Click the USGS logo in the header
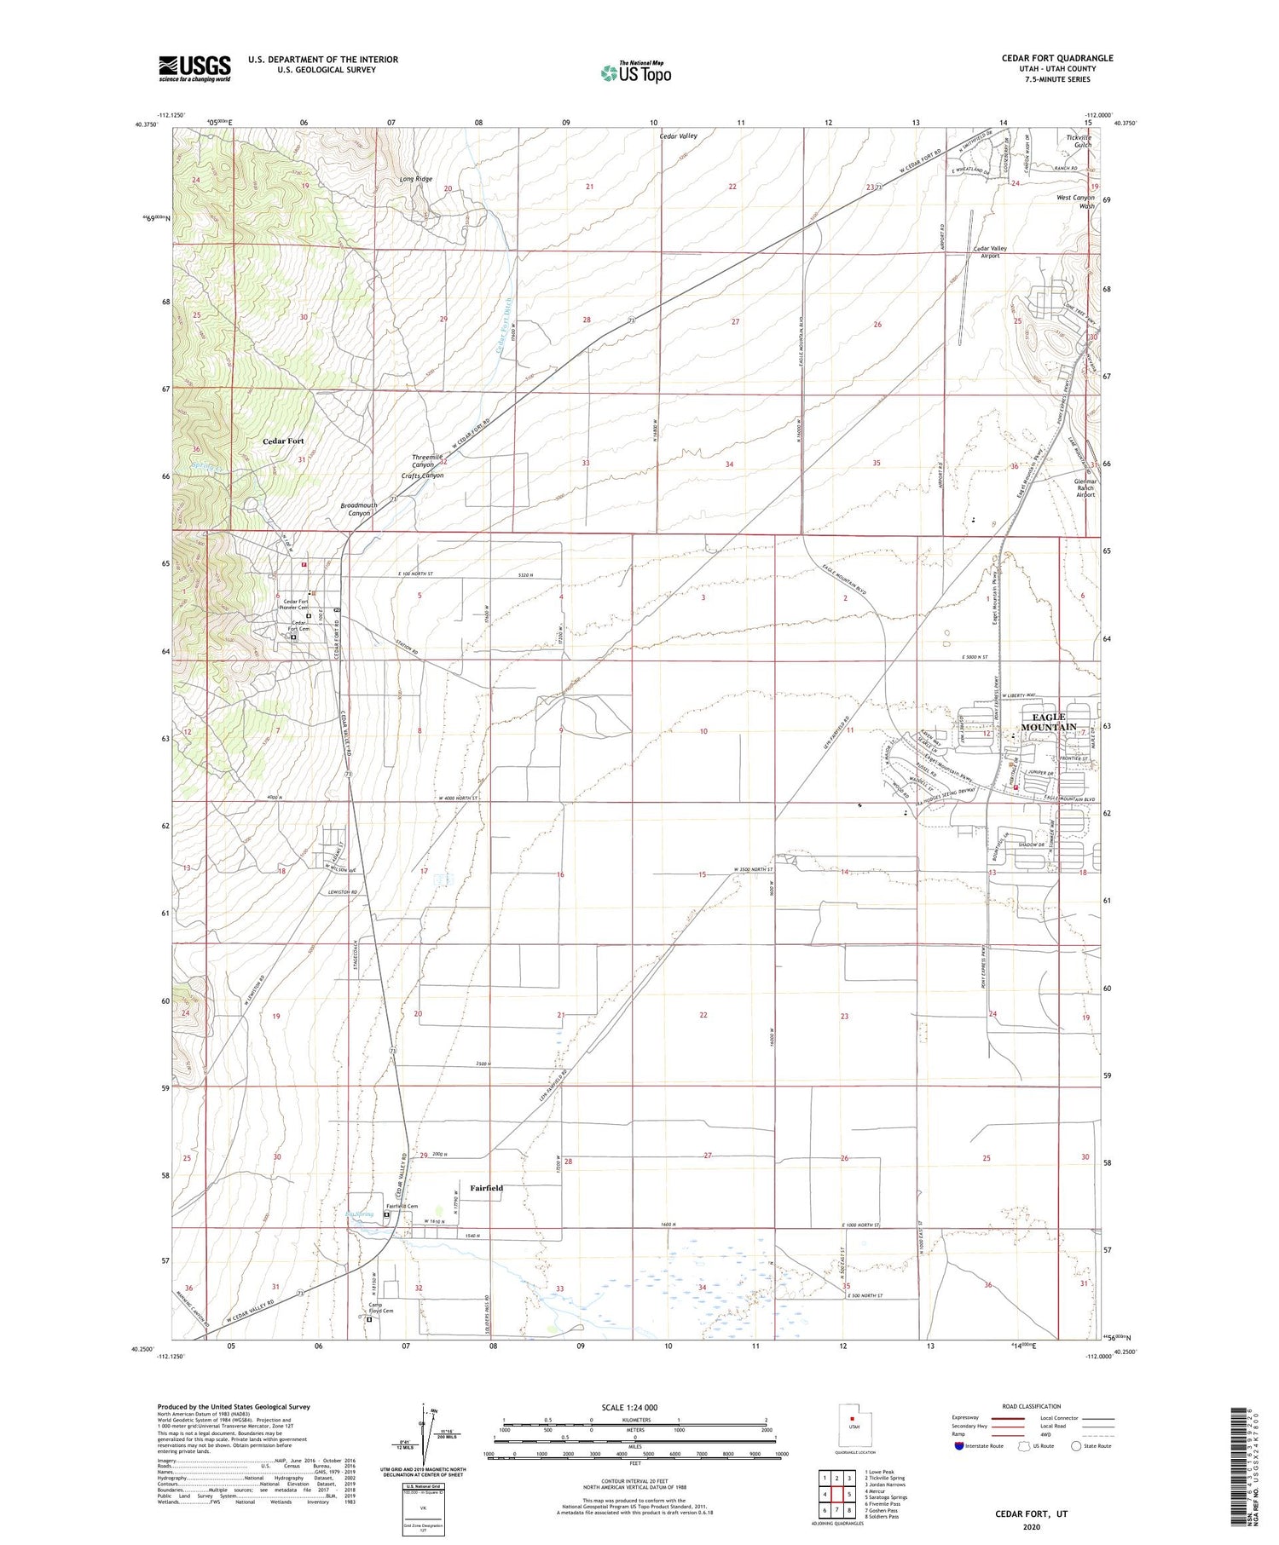click(194, 68)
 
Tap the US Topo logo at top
click(636, 72)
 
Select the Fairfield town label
click(486, 1188)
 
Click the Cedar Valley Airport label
click(990, 252)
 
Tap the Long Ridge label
click(416, 180)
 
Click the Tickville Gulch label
click(1079, 141)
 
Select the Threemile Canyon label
click(427, 461)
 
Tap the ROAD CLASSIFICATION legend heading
click(1031, 1406)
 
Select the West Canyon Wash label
click(1075, 202)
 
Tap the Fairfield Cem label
click(402, 1206)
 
